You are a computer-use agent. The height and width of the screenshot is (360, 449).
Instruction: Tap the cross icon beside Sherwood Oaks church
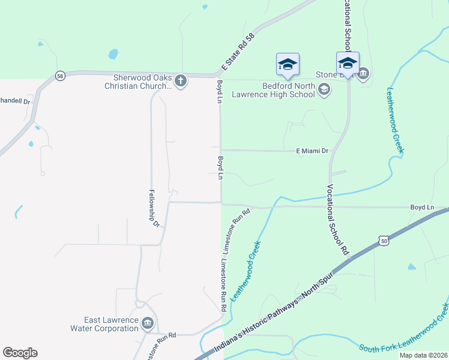coord(180,80)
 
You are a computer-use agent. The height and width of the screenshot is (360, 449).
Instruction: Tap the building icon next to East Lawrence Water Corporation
coord(148,324)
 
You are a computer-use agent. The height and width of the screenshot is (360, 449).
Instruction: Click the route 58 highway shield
coord(59,76)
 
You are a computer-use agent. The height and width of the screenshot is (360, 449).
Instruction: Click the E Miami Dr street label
coord(313,151)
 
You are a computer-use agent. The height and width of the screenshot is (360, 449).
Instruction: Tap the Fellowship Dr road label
coord(154,208)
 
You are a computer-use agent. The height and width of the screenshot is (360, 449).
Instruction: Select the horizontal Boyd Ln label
coord(422,207)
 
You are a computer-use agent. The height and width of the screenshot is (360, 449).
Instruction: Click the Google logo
coord(20,353)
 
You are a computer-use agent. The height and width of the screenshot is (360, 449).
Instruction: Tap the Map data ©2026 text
coord(423,355)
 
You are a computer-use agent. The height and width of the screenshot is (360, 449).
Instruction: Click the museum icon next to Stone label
coord(363,74)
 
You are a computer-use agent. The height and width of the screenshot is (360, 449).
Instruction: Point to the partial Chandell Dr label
coord(15,101)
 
